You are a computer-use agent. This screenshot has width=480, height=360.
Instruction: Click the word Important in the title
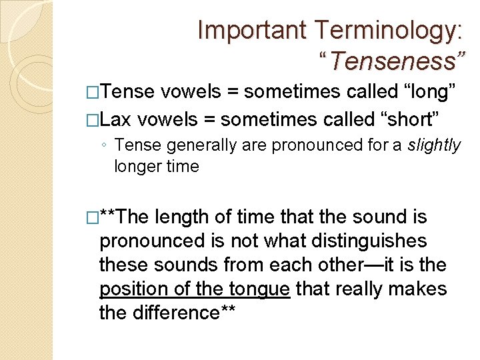tap(253, 30)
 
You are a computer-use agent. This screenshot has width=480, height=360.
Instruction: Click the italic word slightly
tap(433, 145)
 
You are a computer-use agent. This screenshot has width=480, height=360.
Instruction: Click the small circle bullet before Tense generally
tap(103, 145)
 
